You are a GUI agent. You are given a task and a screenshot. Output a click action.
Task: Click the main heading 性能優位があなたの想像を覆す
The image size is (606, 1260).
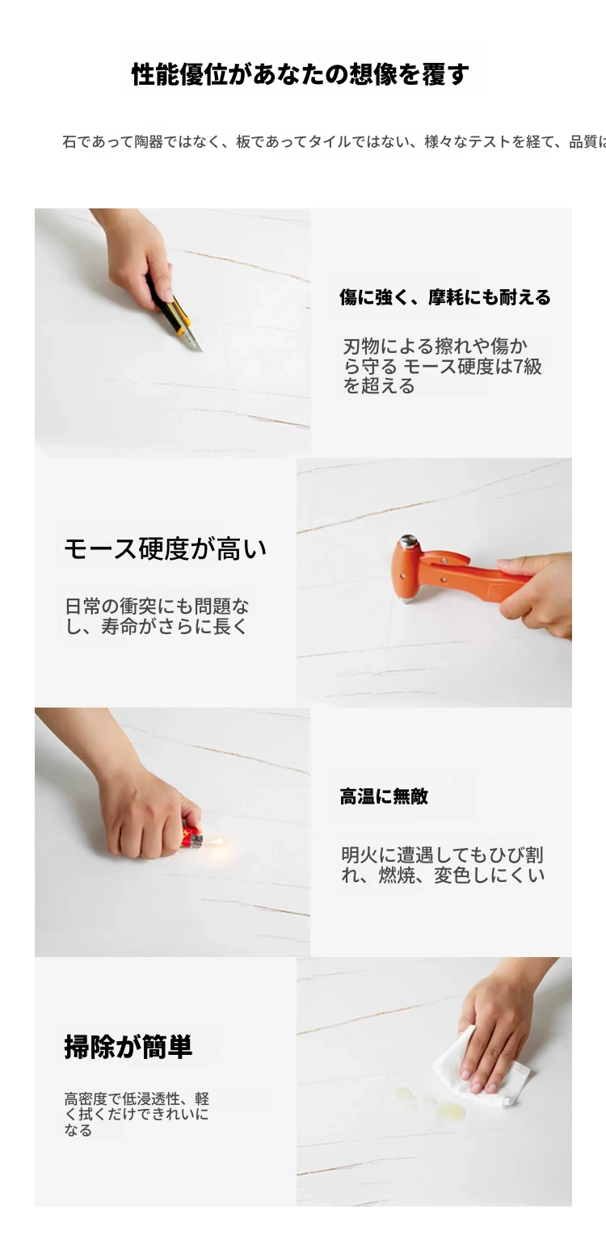pyautogui.click(x=300, y=74)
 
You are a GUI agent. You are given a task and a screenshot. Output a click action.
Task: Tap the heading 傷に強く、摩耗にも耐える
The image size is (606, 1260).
pyautogui.click(x=445, y=297)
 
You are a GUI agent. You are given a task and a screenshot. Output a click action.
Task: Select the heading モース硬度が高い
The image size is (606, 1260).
pyautogui.click(x=166, y=549)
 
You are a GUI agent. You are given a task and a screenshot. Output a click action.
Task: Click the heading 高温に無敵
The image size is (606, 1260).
pyautogui.click(x=384, y=796)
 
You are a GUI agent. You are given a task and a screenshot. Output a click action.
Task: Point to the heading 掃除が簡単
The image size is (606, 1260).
pyautogui.click(x=128, y=1047)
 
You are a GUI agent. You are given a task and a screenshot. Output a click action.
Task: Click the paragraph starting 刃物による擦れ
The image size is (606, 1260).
pyautogui.click(x=442, y=366)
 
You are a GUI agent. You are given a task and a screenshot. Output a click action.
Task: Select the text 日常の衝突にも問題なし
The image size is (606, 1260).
pyautogui.click(x=157, y=616)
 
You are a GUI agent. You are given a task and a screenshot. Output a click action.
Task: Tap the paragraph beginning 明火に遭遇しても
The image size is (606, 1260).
pyautogui.click(x=443, y=864)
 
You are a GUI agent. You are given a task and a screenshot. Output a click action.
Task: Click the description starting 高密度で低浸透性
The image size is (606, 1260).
pyautogui.click(x=137, y=1115)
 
